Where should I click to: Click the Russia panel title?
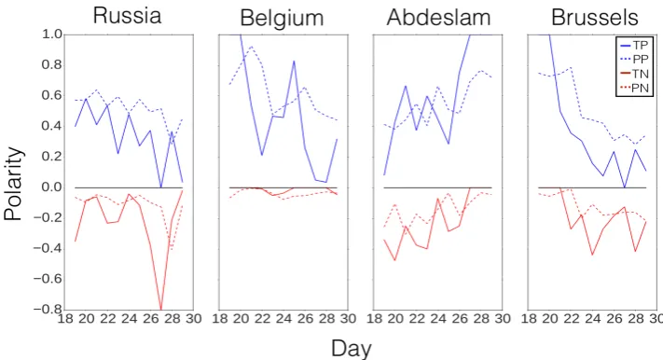click(x=127, y=16)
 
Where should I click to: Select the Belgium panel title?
click(x=282, y=19)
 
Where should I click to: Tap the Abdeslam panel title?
click(x=438, y=18)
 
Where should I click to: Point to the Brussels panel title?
click(x=595, y=18)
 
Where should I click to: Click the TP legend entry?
click(x=633, y=46)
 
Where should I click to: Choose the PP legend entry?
click(x=633, y=60)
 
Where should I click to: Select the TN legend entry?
click(x=633, y=74)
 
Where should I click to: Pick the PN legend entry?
click(x=633, y=89)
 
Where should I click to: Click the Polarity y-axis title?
click(x=13, y=184)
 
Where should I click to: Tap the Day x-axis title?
click(x=352, y=349)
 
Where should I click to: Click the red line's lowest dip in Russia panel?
click(x=160, y=309)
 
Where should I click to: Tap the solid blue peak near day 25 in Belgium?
click(x=294, y=62)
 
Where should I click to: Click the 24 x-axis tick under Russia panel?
click(x=129, y=318)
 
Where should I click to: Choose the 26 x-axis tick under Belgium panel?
click(x=305, y=318)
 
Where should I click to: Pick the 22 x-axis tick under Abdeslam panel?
click(x=417, y=318)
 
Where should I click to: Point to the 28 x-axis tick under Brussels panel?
click(x=636, y=318)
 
